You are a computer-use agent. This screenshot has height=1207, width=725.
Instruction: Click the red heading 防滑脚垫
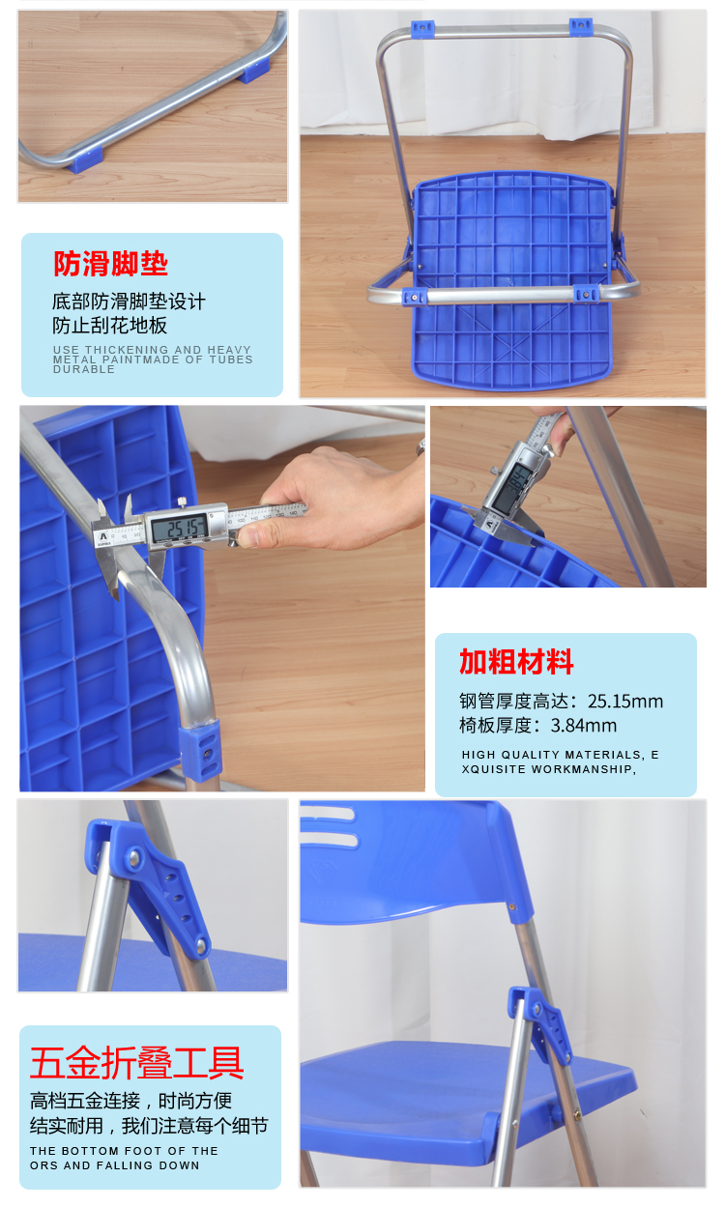click(x=110, y=264)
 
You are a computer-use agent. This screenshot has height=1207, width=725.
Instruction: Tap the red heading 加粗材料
click(x=516, y=662)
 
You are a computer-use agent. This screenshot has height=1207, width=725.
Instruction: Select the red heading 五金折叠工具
click(x=136, y=1063)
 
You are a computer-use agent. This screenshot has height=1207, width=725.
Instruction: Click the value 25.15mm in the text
click(x=625, y=701)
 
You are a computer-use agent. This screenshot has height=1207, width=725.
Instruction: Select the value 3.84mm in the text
click(x=583, y=726)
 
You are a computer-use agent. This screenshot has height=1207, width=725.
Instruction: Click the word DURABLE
click(x=83, y=370)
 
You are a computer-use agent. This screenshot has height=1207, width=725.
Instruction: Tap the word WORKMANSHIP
click(x=584, y=769)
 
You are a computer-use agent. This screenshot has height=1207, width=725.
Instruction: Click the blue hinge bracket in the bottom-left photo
click(x=148, y=886)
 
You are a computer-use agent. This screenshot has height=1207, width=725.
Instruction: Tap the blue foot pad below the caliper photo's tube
click(x=200, y=750)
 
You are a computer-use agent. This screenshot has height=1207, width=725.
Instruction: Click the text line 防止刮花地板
click(x=109, y=326)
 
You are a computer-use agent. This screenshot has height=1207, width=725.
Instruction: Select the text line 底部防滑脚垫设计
click(x=129, y=302)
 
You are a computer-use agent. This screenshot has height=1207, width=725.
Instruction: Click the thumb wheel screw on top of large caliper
click(x=182, y=503)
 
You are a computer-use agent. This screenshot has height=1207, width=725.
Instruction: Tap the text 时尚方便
click(x=195, y=1101)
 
